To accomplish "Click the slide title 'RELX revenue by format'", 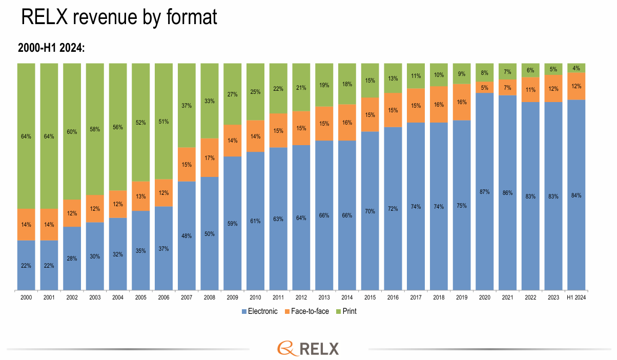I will point(119,17).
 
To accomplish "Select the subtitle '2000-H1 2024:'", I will point(51,48).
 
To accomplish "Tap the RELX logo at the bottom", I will point(308,348).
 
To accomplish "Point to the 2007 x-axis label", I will point(187,297).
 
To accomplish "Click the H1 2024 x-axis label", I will point(577,297).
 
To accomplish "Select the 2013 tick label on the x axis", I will point(324,297).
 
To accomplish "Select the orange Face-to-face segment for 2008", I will point(210,157).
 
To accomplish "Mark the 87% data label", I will point(485,192).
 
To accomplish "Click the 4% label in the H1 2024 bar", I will point(577,68).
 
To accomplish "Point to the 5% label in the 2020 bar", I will point(485,87).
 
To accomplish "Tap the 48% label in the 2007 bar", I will point(187,236).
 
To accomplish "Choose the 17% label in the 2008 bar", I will point(210,157).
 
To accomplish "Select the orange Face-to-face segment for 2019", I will point(462,102).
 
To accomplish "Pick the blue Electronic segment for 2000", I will point(26,265).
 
